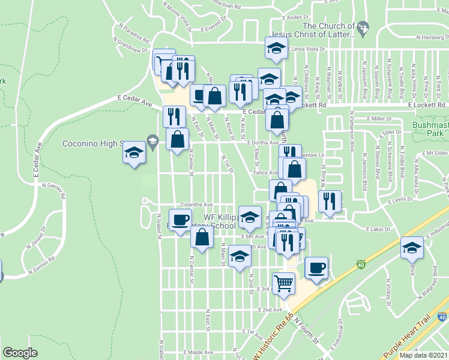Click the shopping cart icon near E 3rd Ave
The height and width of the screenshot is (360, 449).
tap(284, 283)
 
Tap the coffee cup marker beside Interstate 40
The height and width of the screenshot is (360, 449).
tap(316, 268)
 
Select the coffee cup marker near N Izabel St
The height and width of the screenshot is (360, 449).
tap(181, 220)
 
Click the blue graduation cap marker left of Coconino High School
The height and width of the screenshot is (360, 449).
tap(134, 153)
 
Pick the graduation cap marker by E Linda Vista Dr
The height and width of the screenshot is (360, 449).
tap(276, 49)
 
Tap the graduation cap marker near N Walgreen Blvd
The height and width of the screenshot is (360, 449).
tap(411, 247)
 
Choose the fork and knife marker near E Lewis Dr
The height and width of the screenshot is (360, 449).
tap(329, 201)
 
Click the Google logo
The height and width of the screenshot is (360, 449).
tap(20, 353)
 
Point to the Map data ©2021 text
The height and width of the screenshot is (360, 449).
tap(424, 355)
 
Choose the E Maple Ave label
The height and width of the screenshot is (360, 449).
tap(199, 352)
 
